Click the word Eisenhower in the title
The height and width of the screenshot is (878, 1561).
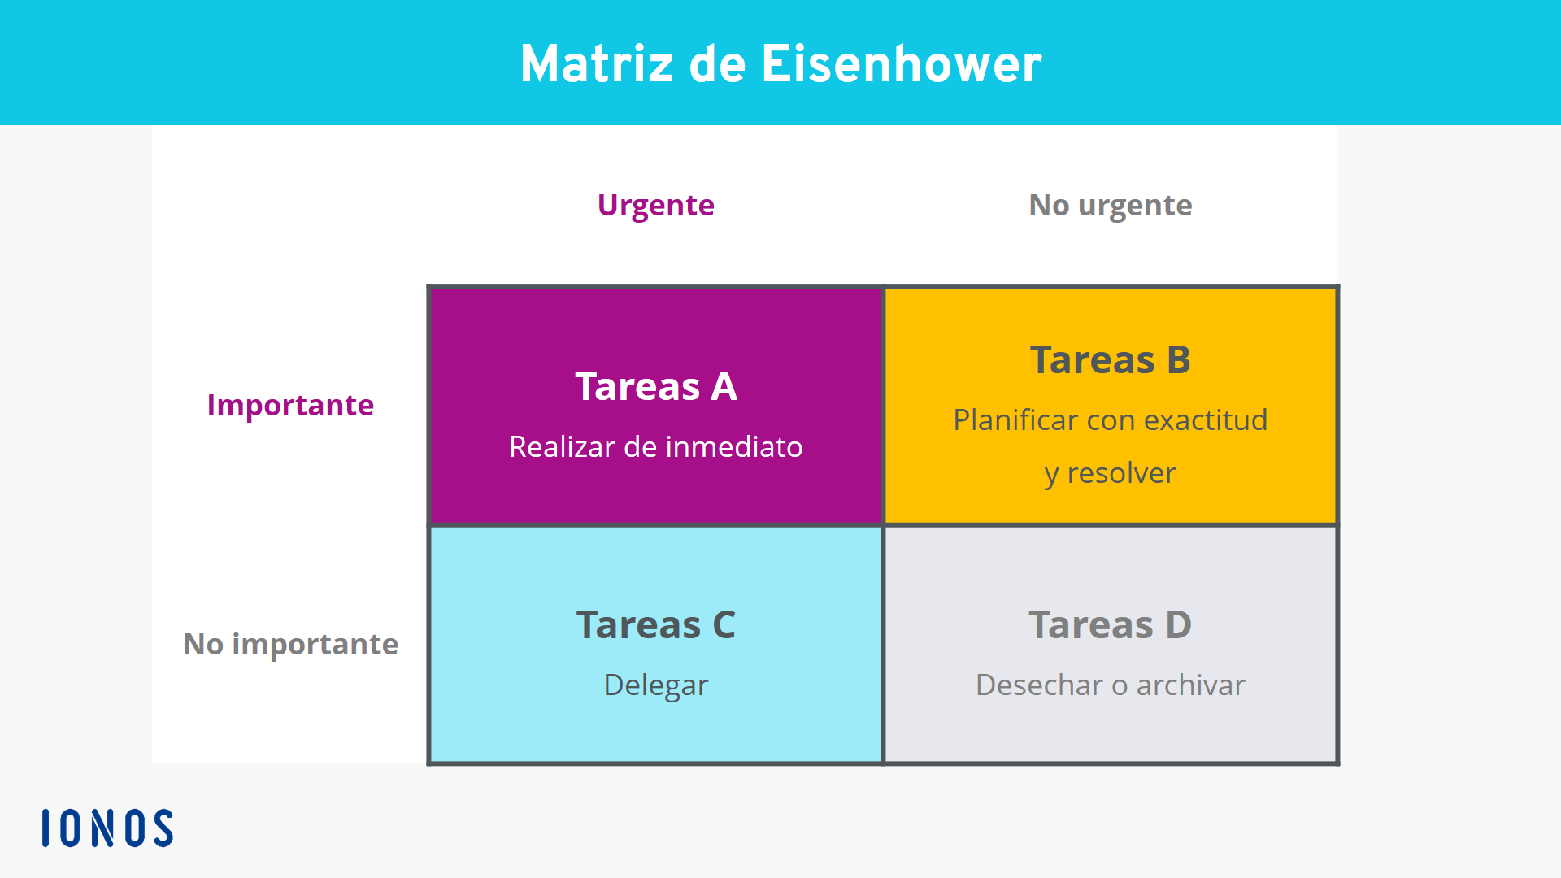pyautogui.click(x=901, y=63)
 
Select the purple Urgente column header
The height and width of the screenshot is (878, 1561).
pyautogui.click(x=656, y=206)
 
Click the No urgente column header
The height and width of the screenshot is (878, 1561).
pyautogui.click(x=1111, y=206)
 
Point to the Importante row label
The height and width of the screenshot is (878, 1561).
pyautogui.click(x=290, y=405)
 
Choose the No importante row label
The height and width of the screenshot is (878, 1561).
pyautogui.click(x=290, y=644)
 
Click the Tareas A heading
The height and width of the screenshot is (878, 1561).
pyautogui.click(x=656, y=386)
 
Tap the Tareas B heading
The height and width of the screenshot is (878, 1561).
pyautogui.click(x=1111, y=359)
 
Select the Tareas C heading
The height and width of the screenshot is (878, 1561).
pyautogui.click(x=656, y=624)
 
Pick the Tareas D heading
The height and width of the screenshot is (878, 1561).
pyautogui.click(x=1111, y=624)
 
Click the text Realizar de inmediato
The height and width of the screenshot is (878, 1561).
pyautogui.click(x=656, y=446)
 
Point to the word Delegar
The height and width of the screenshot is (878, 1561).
pyautogui.click(x=656, y=685)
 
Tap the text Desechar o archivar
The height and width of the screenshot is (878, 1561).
pyautogui.click(x=1111, y=685)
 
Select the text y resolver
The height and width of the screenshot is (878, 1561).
pyautogui.click(x=1111, y=473)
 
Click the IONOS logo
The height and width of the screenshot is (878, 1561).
pyautogui.click(x=107, y=828)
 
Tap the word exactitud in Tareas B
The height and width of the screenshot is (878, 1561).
pyautogui.click(x=1206, y=420)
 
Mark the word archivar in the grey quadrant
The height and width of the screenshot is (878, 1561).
pyautogui.click(x=1191, y=685)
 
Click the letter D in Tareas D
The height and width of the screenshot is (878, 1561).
pyautogui.click(x=1179, y=624)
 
